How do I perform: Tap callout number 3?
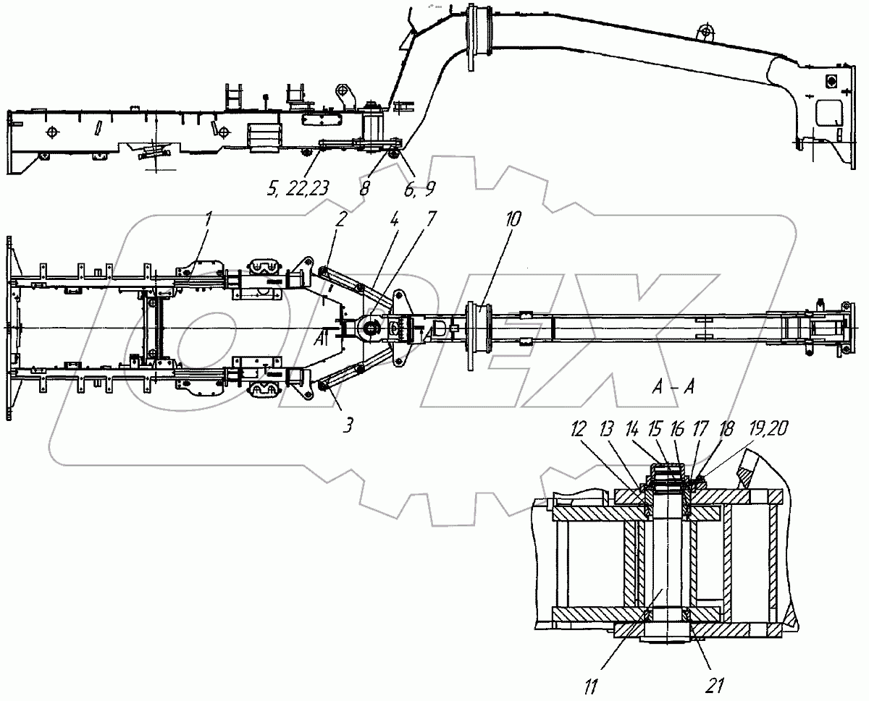point(348,426)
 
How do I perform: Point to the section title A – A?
point(673,388)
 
